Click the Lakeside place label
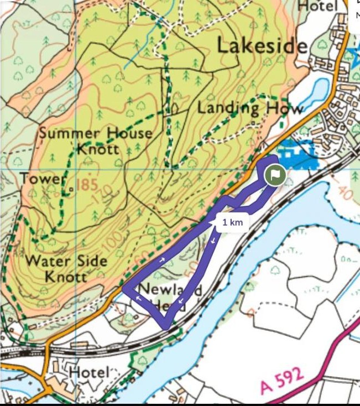point(262,45)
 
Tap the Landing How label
point(250,107)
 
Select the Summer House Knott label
point(95,140)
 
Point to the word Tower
point(43,179)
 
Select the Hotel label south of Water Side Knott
point(88,372)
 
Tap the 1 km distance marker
point(232,223)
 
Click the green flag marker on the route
point(275,176)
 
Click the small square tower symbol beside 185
point(71,190)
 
